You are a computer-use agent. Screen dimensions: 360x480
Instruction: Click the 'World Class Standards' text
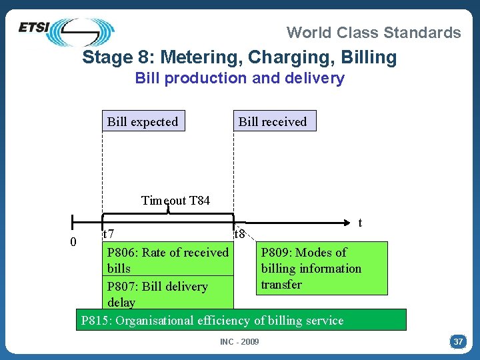click(373, 32)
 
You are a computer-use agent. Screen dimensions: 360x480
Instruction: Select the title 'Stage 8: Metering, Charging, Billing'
click(239, 57)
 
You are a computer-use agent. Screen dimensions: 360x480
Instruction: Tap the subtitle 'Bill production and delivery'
click(239, 78)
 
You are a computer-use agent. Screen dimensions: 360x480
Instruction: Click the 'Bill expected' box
click(143, 121)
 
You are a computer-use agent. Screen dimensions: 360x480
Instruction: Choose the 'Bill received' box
click(273, 121)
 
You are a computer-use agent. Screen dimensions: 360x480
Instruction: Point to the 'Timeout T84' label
click(175, 200)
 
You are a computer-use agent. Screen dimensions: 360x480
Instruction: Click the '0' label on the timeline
click(73, 241)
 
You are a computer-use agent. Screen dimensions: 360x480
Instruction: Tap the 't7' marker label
click(108, 234)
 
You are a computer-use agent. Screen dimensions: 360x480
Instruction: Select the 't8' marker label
click(240, 234)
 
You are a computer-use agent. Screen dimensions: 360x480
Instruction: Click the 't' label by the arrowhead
click(360, 223)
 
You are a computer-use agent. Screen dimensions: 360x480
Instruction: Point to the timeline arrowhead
click(347, 220)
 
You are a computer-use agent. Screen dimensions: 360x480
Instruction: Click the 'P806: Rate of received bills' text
click(167, 260)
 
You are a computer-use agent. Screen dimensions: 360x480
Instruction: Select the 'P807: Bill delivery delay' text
click(157, 294)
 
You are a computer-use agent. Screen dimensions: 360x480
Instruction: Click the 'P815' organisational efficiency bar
click(240, 320)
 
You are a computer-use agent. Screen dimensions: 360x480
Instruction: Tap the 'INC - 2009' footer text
click(239, 342)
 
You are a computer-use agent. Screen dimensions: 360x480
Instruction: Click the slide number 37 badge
click(458, 342)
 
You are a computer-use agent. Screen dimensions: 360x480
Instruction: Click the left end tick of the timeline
click(73, 221)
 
